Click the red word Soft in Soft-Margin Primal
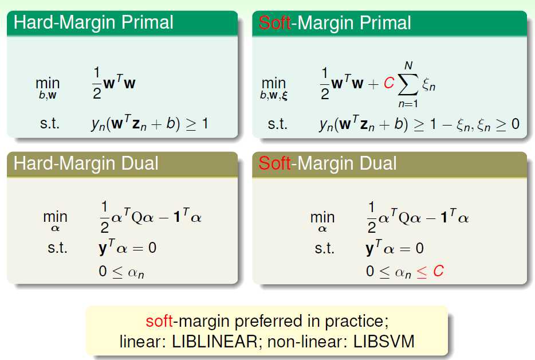point(275,23)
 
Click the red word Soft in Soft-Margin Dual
point(275,163)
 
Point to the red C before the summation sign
point(388,83)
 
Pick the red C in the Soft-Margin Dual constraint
point(438,271)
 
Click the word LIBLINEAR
point(215,341)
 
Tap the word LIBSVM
point(384,341)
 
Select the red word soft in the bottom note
point(159,321)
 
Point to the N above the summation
point(408,65)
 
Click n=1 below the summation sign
point(408,104)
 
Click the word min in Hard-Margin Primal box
point(48,83)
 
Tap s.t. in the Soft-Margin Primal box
point(277,124)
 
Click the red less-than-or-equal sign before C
point(422,272)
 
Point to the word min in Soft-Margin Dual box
point(322,217)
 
